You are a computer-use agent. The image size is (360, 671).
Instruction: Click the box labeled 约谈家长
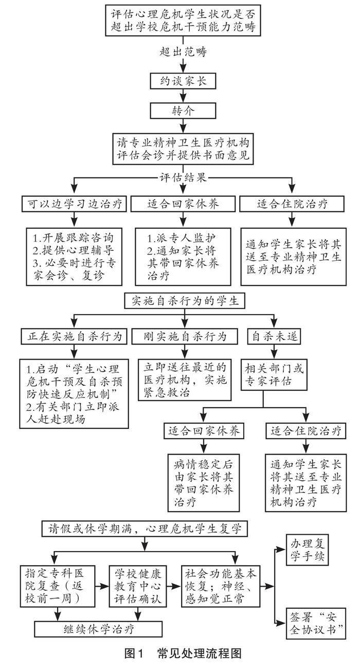(183, 81)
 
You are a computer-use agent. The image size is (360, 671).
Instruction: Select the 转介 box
(183, 111)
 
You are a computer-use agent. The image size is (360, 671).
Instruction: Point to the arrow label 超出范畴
(183, 52)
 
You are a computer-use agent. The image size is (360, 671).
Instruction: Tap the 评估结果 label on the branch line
(183, 177)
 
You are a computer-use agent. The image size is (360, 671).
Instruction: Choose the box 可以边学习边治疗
(74, 204)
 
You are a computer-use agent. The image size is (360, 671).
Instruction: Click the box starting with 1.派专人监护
(183, 257)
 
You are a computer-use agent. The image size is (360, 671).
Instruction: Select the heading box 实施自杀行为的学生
(185, 301)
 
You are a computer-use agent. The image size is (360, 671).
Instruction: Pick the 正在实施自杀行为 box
(74, 336)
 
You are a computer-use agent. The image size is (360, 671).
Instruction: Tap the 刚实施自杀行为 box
(185, 336)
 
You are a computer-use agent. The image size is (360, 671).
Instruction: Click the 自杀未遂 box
(274, 336)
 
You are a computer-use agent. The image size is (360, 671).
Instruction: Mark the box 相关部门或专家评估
(274, 375)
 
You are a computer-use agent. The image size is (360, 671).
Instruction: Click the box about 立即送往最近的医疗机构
(185, 380)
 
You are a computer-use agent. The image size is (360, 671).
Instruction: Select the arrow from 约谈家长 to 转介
(183, 96)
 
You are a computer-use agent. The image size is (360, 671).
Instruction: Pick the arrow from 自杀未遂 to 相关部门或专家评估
(274, 352)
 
